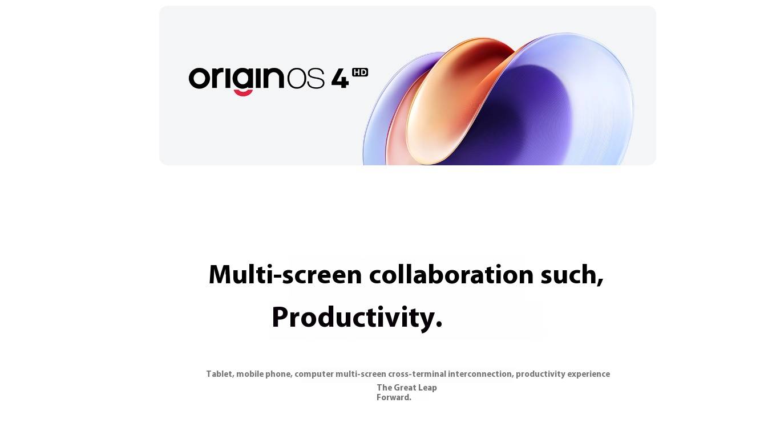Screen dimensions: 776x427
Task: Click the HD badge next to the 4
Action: [x=360, y=72]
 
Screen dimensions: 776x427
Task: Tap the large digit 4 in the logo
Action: [x=340, y=79]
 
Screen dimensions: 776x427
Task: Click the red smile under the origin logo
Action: [x=243, y=92]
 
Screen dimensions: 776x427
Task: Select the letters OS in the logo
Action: [x=306, y=78]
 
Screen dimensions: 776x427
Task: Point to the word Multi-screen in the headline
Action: [x=285, y=275]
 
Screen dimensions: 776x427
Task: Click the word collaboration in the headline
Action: [x=451, y=275]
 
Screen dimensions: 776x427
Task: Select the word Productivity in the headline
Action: [x=353, y=318]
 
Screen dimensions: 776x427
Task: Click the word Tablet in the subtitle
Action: [x=220, y=374]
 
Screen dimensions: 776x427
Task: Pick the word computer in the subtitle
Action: [x=314, y=374]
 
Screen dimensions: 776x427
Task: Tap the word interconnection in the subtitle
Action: [x=480, y=374]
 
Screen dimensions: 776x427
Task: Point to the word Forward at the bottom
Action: [x=393, y=397]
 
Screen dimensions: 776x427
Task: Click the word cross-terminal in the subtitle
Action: [x=417, y=374]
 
